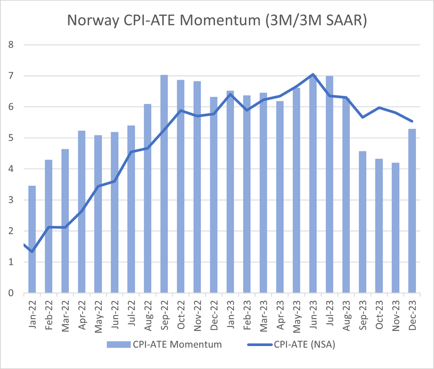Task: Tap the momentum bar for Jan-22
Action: coord(32,239)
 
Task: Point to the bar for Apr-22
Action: coord(81,212)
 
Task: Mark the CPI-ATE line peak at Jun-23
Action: coord(313,74)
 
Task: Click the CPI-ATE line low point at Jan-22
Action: coord(32,251)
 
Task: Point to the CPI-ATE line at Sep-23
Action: coord(362,117)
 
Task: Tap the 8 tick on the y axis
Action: coord(11,45)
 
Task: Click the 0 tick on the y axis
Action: coord(11,293)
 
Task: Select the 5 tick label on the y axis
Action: coord(11,138)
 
